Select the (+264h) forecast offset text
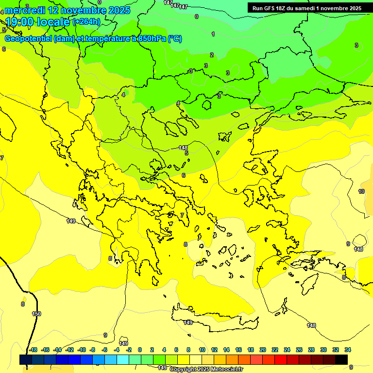86,22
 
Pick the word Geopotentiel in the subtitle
28,39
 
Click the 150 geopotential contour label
36,314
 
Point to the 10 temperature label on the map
361,191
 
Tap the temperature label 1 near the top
213,34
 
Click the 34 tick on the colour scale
348,350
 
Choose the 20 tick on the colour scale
263,350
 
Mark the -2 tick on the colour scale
129,350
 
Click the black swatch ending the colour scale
341,359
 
